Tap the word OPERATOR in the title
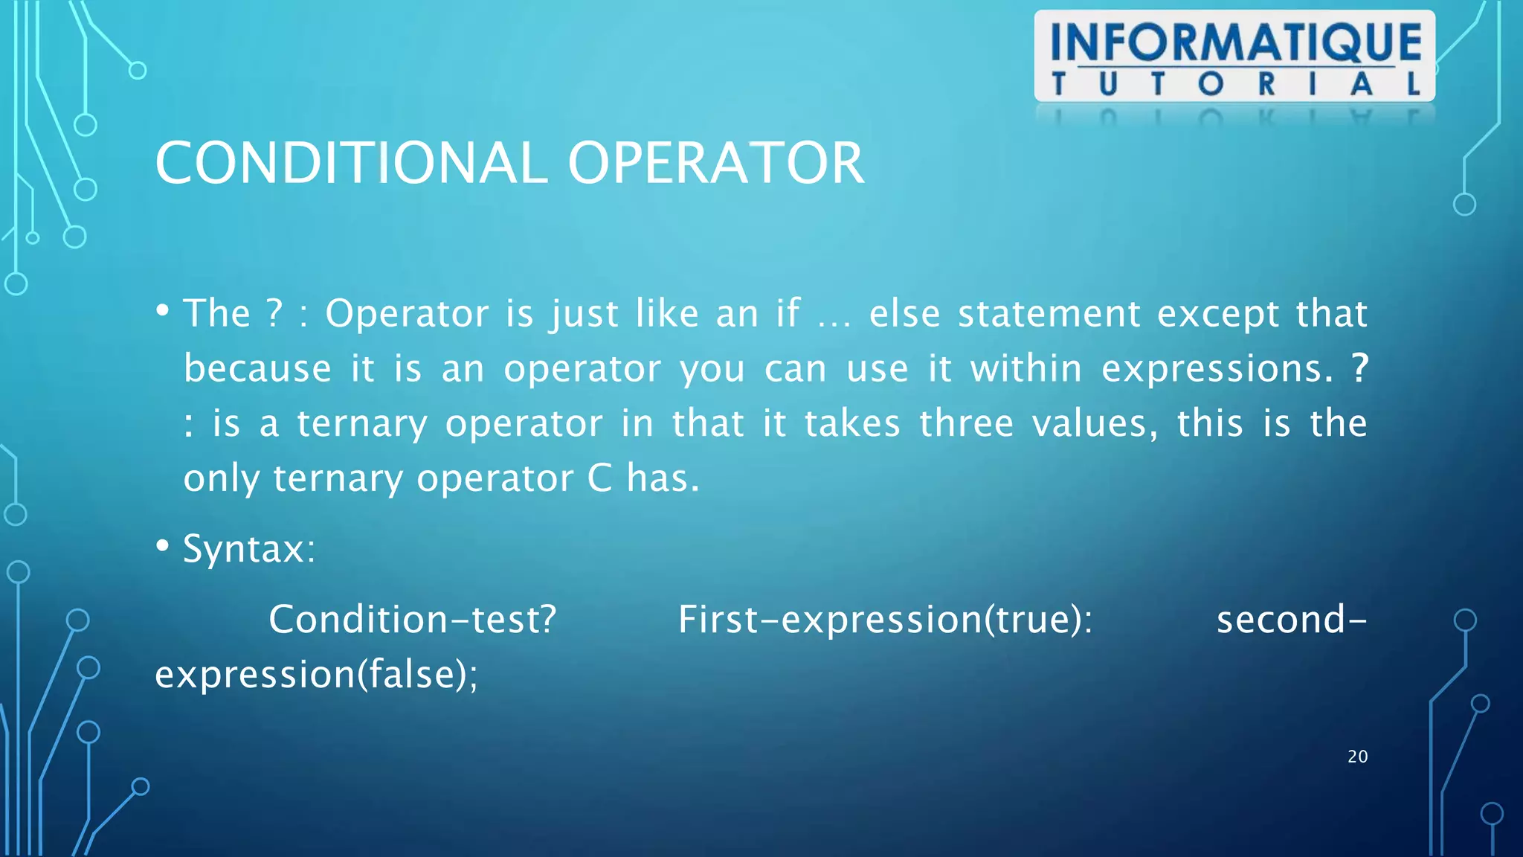point(715,164)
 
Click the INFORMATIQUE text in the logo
point(1235,42)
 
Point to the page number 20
point(1357,757)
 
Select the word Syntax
point(249,549)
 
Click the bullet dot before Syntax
point(162,546)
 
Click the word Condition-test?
point(412,620)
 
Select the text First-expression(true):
point(885,620)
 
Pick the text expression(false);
point(316,675)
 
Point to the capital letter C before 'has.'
point(599,478)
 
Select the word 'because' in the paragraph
point(257,368)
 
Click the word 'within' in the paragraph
point(1025,368)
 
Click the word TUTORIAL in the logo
point(1235,84)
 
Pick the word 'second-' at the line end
point(1291,620)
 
